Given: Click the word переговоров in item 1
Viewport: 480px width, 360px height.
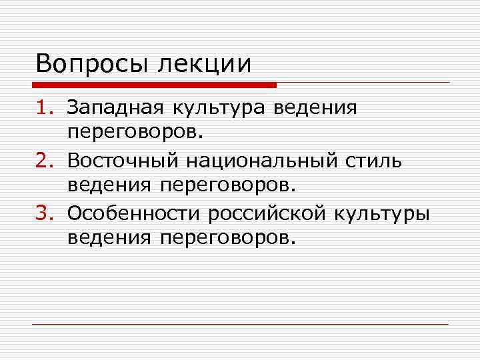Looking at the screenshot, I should pyautogui.click(x=131, y=133).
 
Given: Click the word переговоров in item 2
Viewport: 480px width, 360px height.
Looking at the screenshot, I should pyautogui.click(x=227, y=187).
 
